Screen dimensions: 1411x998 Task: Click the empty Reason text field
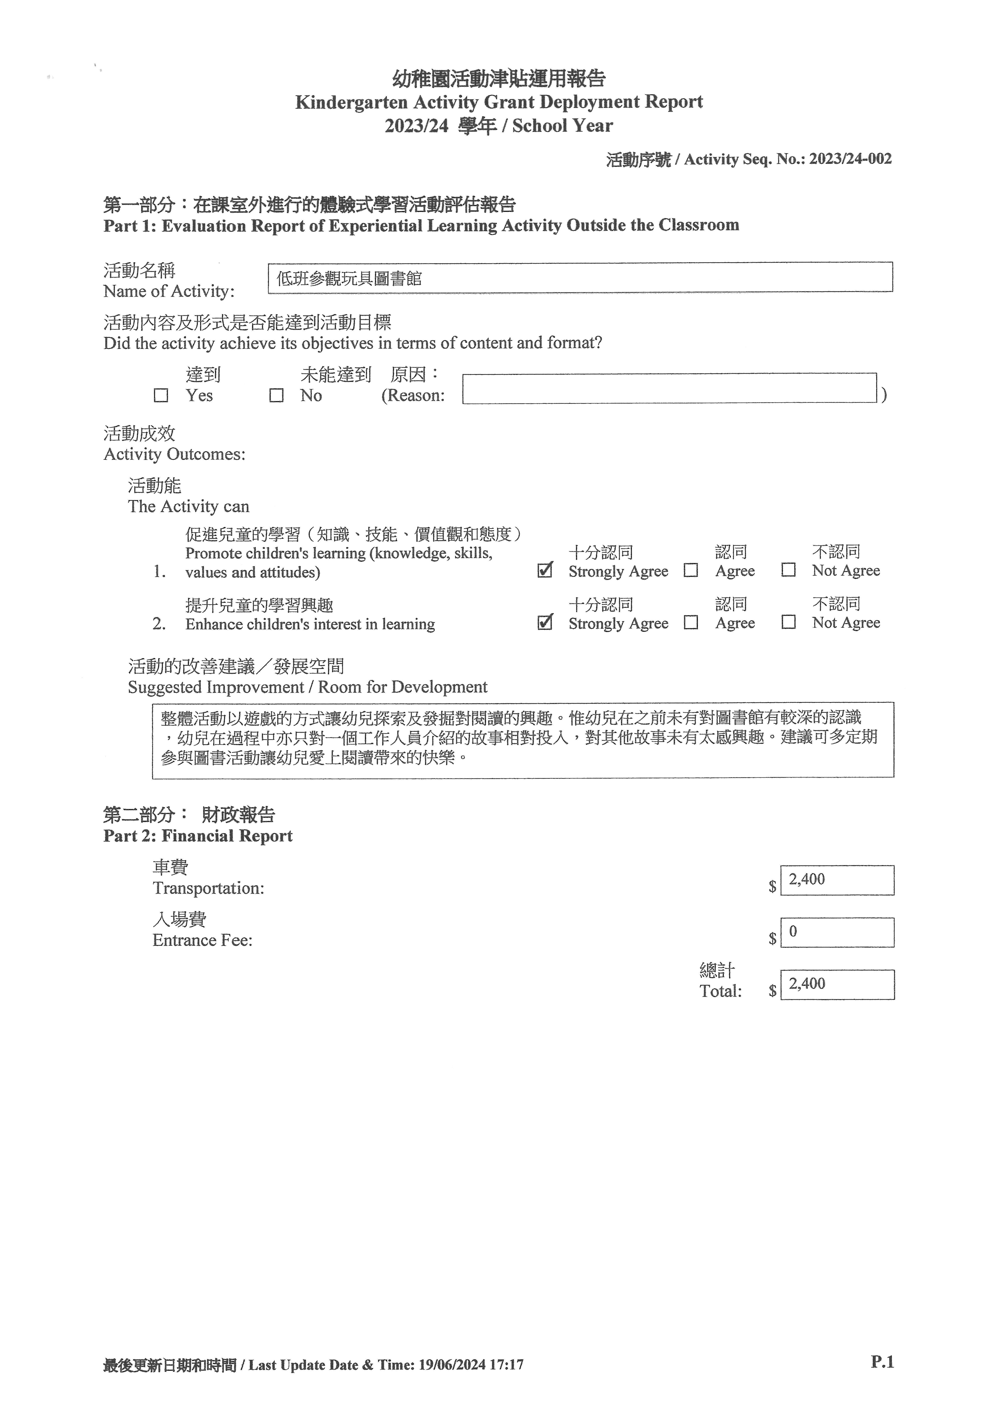click(x=669, y=388)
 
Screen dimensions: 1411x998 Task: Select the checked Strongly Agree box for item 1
click(x=544, y=570)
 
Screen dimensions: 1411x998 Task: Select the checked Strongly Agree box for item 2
click(x=544, y=623)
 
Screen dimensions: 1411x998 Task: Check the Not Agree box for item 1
click(x=789, y=570)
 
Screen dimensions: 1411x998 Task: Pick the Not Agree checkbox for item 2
click(x=789, y=623)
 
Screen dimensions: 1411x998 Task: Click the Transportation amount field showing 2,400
click(x=837, y=880)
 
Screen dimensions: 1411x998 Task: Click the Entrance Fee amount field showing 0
click(x=837, y=932)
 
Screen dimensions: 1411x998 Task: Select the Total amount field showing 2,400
click(x=837, y=985)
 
